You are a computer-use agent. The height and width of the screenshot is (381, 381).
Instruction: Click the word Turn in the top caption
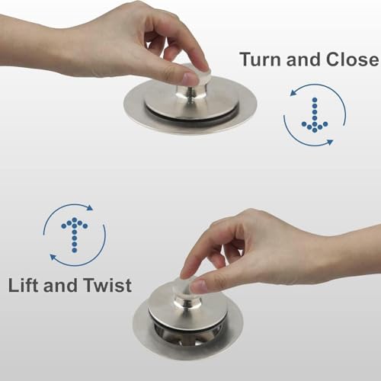(261, 59)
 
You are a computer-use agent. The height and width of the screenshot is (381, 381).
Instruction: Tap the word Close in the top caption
(352, 59)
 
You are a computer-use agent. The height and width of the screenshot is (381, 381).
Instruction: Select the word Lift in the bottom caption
(24, 285)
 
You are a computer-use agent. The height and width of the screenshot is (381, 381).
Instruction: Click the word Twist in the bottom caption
(107, 285)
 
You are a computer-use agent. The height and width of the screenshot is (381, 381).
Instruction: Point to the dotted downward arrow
(315, 115)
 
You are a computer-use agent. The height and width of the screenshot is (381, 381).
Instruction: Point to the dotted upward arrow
(75, 235)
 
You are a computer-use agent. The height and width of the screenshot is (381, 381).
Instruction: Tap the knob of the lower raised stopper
(187, 295)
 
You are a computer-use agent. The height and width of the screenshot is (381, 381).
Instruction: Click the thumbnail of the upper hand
(190, 78)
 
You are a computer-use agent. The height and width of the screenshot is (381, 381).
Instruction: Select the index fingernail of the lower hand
(199, 287)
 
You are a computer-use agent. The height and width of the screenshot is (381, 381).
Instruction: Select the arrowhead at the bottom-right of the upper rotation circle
(329, 142)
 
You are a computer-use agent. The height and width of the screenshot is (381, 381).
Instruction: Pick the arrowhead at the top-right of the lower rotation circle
(90, 207)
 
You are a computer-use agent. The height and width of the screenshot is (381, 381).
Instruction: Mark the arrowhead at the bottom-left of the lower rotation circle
(53, 257)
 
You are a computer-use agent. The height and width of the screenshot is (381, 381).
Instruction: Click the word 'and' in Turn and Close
(304, 59)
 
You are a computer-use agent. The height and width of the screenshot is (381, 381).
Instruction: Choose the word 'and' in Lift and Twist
(61, 285)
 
